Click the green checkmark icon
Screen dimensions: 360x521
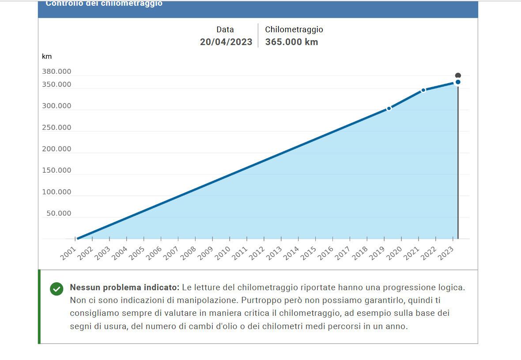pyautogui.click(x=57, y=289)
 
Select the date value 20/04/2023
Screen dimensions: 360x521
pyautogui.click(x=226, y=42)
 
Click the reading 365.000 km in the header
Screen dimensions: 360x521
pyautogui.click(x=291, y=42)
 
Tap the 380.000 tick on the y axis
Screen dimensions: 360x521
pyautogui.click(x=57, y=72)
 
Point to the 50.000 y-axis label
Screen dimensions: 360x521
pyautogui.click(x=59, y=213)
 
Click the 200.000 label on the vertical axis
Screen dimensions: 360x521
pyautogui.click(x=57, y=149)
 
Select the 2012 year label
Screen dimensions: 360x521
pyautogui.click(x=257, y=253)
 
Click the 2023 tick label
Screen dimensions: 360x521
pyautogui.click(x=445, y=253)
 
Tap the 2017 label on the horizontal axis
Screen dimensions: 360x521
pyautogui.click(x=343, y=253)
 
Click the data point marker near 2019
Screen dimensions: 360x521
pyautogui.click(x=389, y=108)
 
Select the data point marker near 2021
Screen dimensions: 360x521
pyautogui.click(x=423, y=90)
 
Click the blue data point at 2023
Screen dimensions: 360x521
pyautogui.click(x=458, y=82)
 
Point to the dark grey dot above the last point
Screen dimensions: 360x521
pyautogui.click(x=458, y=76)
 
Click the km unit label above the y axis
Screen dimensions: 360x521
pyautogui.click(x=47, y=57)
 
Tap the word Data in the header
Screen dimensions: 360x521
pyautogui.click(x=225, y=30)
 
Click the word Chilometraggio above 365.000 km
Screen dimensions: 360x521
pyautogui.click(x=294, y=30)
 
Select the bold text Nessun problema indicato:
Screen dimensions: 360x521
pyautogui.click(x=125, y=288)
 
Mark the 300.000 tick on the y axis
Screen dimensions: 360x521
pyautogui.click(x=57, y=106)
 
